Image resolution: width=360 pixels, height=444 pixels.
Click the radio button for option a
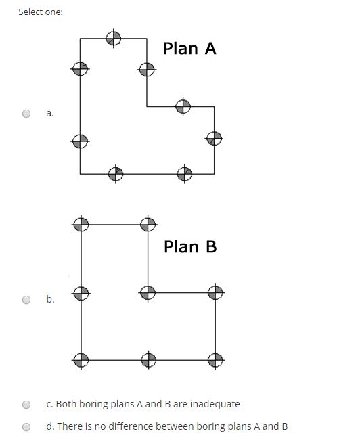pyautogui.click(x=26, y=114)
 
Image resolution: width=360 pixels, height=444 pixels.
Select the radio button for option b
pyautogui.click(x=26, y=299)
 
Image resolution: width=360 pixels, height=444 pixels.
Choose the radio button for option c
pyautogui.click(x=26, y=404)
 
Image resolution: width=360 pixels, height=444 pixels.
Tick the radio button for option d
pyautogui.click(x=26, y=426)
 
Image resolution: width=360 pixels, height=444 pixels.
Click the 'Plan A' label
pyautogui.click(x=189, y=49)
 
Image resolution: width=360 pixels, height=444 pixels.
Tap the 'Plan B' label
pyautogui.click(x=190, y=246)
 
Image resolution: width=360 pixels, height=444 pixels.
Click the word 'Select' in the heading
pyautogui.click(x=30, y=12)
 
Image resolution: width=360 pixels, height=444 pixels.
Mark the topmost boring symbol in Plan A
pyautogui.click(x=114, y=38)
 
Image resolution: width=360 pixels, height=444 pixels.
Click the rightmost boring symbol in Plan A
pyautogui.click(x=214, y=138)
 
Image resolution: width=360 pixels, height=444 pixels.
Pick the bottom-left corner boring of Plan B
pyautogui.click(x=81, y=359)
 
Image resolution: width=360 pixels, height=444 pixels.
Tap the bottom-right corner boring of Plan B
pyautogui.click(x=215, y=359)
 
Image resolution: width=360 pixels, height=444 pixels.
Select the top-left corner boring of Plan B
pyautogui.click(x=81, y=224)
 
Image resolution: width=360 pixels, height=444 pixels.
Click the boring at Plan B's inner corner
pyautogui.click(x=148, y=293)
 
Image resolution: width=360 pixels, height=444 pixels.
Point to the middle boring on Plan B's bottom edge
pyautogui.click(x=148, y=359)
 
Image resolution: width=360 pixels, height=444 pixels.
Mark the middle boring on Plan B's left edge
pyautogui.click(x=81, y=293)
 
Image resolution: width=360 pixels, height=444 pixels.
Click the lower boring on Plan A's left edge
pyautogui.click(x=80, y=141)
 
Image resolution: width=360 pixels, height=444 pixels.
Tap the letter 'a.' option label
pyautogui.click(x=50, y=114)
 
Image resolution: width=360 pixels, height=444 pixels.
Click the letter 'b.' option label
pyautogui.click(x=50, y=299)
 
